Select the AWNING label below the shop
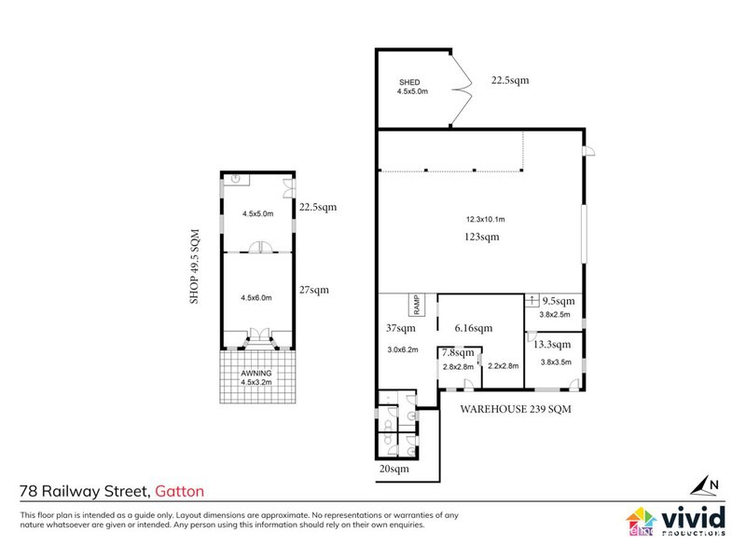click(x=256, y=373)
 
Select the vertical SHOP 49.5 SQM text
click(x=196, y=266)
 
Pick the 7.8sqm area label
click(x=457, y=353)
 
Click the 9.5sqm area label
click(x=558, y=301)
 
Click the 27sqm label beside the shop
click(x=313, y=289)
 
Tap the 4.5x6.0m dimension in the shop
click(x=256, y=298)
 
